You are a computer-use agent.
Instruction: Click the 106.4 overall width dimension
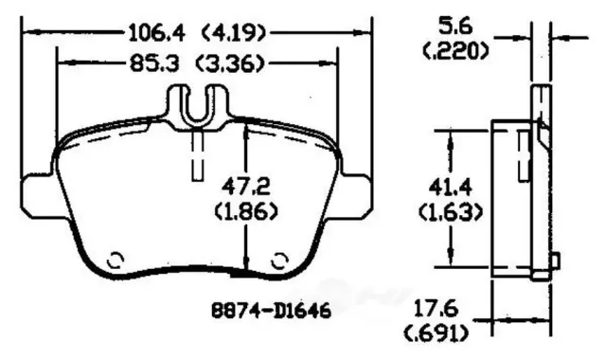pos(156,32)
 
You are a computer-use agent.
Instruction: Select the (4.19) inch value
pos(234,33)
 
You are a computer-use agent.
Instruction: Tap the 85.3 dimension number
pos(154,63)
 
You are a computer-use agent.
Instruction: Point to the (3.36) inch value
pos(230,63)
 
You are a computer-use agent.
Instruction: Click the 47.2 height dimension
pos(246,188)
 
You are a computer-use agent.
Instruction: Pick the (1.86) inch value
pos(246,211)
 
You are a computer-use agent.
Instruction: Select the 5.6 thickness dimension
pos(455,27)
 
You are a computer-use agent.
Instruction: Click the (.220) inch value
pos(455,50)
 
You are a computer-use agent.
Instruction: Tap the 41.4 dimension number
pos(451,189)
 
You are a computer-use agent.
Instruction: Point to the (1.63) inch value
pos(451,212)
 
